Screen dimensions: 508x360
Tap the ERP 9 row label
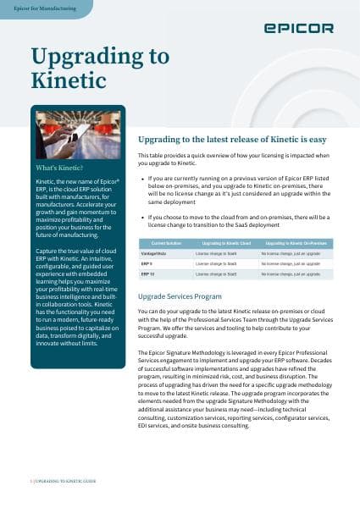[x=147, y=263]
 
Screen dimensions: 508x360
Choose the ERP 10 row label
[x=147, y=274]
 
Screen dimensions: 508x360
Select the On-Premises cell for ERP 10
[x=288, y=274]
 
